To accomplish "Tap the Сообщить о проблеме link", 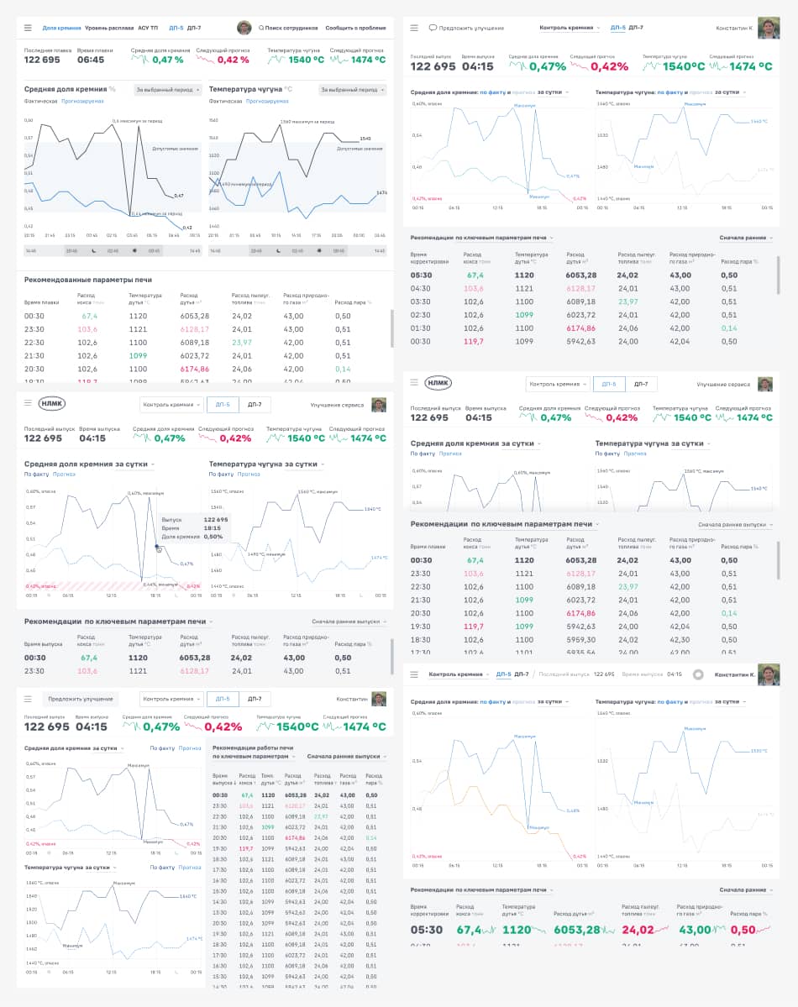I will click(x=355, y=28).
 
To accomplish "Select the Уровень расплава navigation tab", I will click(x=109, y=28).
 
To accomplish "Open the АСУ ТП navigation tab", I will click(x=150, y=28).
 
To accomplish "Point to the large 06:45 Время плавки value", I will click(x=91, y=60).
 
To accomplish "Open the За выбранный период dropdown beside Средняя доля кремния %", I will click(x=169, y=90).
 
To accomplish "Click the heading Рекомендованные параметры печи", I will click(x=88, y=280).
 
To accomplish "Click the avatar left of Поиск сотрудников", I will click(x=244, y=28).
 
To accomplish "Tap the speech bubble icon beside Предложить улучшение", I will click(x=433, y=28).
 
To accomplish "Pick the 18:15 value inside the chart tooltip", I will click(x=215, y=527).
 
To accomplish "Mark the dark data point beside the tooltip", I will click(x=157, y=548).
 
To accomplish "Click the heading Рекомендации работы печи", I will click(x=253, y=747).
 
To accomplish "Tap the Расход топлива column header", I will click(x=323, y=779).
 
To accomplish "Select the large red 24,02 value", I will click(x=638, y=930).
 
